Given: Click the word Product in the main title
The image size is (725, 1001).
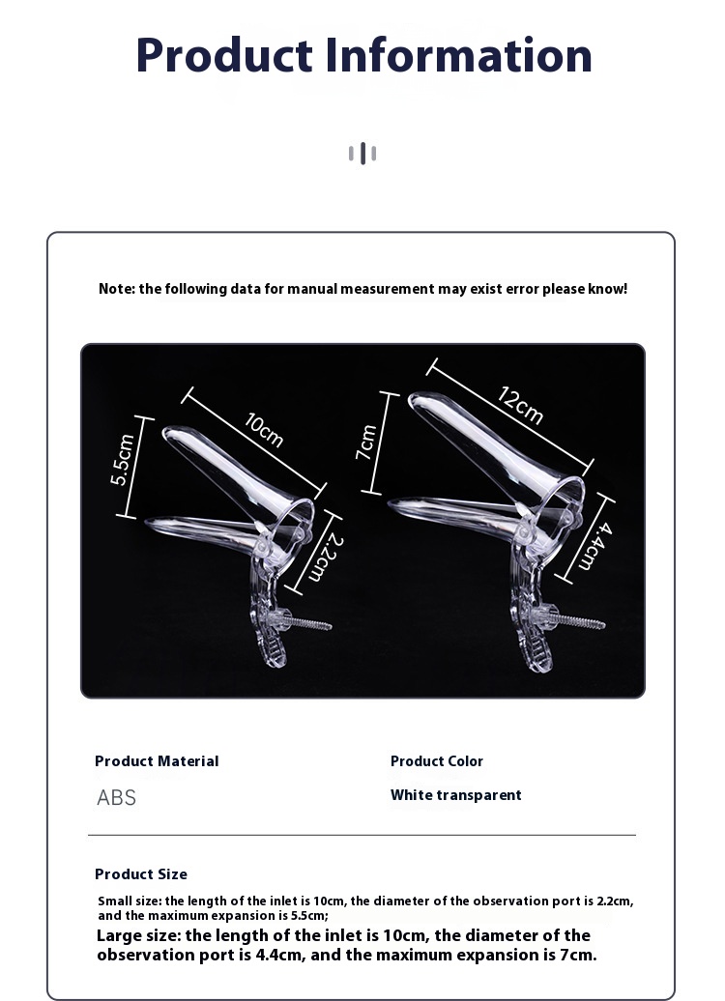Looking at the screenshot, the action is click(x=223, y=55).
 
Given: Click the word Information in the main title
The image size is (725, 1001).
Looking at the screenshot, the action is click(x=458, y=55).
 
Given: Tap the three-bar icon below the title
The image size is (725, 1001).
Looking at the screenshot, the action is click(x=362, y=154).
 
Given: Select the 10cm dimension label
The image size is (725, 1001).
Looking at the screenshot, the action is click(x=264, y=430).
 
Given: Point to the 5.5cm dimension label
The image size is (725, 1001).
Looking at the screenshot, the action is click(x=122, y=459).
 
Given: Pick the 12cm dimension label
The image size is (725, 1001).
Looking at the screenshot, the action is click(x=521, y=405).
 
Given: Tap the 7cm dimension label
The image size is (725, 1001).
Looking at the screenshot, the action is click(x=366, y=442).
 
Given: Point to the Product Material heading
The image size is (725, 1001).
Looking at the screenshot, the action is click(x=157, y=761).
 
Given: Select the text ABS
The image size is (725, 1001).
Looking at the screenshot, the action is click(x=116, y=797).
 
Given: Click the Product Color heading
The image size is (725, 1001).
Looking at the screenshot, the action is click(x=437, y=761).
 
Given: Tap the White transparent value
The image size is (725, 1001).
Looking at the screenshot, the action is click(x=456, y=795).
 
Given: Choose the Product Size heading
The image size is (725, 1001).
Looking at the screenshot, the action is click(x=141, y=874).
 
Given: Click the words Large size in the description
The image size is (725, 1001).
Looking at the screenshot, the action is click(x=137, y=936).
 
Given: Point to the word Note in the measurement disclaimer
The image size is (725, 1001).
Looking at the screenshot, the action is click(x=116, y=289).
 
